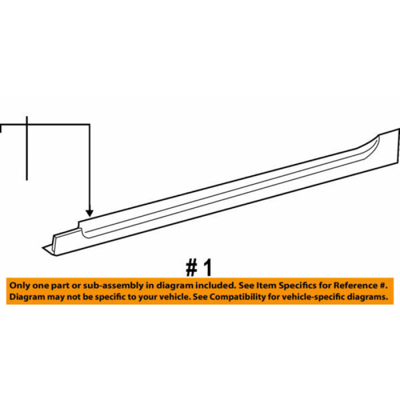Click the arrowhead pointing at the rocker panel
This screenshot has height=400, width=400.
coord(89,213)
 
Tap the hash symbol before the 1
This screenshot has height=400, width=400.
coord(192,268)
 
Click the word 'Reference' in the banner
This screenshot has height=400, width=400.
coord(355,285)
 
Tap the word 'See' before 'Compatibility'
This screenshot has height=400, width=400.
coord(201,297)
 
